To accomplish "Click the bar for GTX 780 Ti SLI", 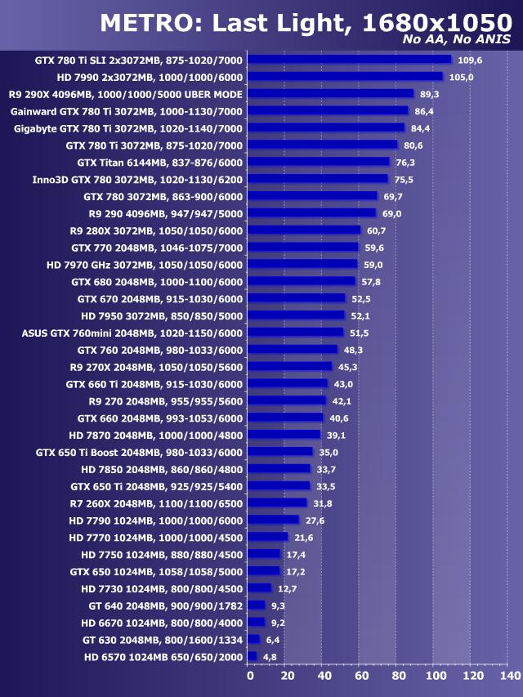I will [349, 59].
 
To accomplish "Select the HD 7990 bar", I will [345, 76].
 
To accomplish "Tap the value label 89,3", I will [431, 94].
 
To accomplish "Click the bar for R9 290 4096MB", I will [311, 213].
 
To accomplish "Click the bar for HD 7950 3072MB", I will [296, 315].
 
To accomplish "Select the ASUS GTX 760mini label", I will [132, 333].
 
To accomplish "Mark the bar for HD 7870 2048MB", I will [284, 435].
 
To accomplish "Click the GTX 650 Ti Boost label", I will [139, 452].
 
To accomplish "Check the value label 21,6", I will [304, 537].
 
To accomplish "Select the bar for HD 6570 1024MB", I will [252, 656].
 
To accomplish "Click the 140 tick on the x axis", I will [509, 677].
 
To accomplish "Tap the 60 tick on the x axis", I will [360, 677].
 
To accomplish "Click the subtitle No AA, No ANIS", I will [457, 38].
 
